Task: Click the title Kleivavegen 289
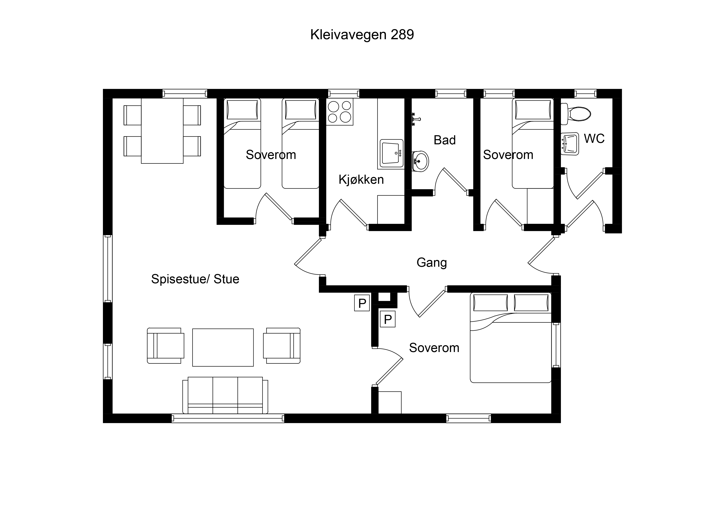pyautogui.click(x=362, y=34)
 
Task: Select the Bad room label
pyautogui.click(x=445, y=140)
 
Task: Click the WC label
pyautogui.click(x=594, y=139)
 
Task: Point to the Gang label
pyautogui.click(x=432, y=262)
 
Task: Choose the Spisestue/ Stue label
pyautogui.click(x=195, y=279)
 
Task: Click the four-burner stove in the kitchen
pyautogui.click(x=339, y=112)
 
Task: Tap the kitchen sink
pyautogui.click(x=392, y=153)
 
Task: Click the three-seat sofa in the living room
pyautogui.click(x=225, y=395)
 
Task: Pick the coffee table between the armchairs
pyautogui.click(x=223, y=347)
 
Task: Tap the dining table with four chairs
pyautogui.click(x=162, y=131)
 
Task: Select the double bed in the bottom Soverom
pyautogui.click(x=511, y=338)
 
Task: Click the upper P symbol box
pyautogui.click(x=362, y=303)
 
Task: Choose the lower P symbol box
pyautogui.click(x=388, y=319)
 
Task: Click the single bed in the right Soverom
pyautogui.click(x=533, y=143)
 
